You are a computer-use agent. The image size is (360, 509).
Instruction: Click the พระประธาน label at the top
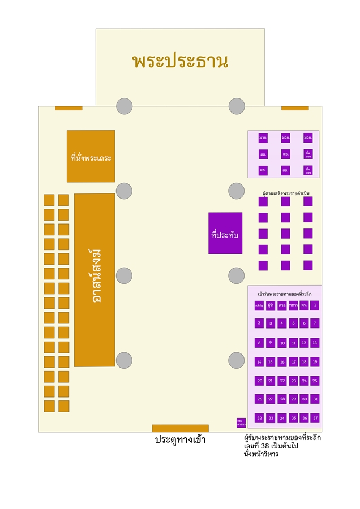point(180,61)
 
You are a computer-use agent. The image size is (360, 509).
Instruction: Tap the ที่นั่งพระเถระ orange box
point(91,157)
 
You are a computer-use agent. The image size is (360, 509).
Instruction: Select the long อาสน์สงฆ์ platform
point(95,280)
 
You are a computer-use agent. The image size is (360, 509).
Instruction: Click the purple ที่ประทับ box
point(225,233)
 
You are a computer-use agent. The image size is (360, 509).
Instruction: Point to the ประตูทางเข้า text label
point(180,439)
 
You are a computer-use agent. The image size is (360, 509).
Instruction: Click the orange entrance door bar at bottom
point(180,428)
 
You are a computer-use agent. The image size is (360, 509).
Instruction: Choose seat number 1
point(315,305)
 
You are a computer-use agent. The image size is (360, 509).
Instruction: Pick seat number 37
point(315,418)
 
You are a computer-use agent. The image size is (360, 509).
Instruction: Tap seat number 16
point(282,362)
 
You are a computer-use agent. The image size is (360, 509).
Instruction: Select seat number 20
point(259,381)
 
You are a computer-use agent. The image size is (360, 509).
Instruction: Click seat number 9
point(271,343)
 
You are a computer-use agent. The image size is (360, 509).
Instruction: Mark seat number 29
point(293,399)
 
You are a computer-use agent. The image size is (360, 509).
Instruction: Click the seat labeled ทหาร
point(293,305)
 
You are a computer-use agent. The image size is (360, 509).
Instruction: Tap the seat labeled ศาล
point(282,305)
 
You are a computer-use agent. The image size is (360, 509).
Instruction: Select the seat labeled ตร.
point(304,305)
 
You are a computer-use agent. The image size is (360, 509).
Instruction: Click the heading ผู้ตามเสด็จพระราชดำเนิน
point(286,193)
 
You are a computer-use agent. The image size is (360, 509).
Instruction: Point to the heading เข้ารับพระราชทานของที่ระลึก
point(285,294)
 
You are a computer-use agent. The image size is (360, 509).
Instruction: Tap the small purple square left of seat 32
point(241,422)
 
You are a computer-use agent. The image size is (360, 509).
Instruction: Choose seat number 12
point(304,343)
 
